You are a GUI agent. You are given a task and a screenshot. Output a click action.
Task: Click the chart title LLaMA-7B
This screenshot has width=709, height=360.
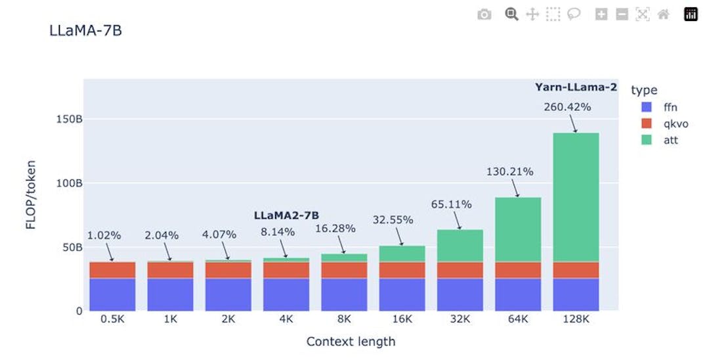(x=85, y=31)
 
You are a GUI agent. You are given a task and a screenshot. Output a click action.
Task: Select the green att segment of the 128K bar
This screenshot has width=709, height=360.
(x=576, y=197)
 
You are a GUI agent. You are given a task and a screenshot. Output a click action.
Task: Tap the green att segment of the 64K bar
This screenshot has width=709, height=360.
(x=518, y=229)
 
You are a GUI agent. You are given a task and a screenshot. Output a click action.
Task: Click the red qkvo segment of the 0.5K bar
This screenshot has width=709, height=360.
(x=112, y=270)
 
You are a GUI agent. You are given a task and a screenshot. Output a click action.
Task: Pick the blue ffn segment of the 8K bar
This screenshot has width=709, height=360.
(x=343, y=294)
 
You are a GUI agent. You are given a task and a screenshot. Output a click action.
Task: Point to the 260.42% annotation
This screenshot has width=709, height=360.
(x=567, y=107)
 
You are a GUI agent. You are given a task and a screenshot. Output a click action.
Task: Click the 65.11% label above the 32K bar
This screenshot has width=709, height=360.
(x=451, y=204)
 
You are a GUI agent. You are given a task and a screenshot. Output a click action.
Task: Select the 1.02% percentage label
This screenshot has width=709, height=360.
(x=104, y=236)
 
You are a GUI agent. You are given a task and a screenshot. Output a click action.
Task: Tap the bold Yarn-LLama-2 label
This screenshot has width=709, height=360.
(x=576, y=87)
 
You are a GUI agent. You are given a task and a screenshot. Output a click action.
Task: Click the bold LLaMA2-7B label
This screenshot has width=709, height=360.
(x=286, y=215)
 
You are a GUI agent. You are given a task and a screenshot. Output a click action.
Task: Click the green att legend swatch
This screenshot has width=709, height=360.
(x=647, y=140)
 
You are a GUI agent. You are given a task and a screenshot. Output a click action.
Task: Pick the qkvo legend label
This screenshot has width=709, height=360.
(x=676, y=124)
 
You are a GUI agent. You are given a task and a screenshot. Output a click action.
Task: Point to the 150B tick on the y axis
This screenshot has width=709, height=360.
(x=69, y=120)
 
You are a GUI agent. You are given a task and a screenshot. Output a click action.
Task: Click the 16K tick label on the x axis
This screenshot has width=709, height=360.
(x=402, y=319)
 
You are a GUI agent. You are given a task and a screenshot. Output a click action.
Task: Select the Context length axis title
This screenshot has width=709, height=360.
(x=351, y=342)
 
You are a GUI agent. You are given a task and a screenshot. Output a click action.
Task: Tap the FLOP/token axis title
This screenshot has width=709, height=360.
(x=31, y=195)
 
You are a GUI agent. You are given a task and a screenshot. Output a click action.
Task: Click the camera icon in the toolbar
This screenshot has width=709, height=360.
(x=484, y=14)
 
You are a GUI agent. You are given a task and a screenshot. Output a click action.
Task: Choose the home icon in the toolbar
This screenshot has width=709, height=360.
(x=663, y=14)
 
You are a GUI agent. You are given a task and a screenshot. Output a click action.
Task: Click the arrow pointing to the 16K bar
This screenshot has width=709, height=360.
(x=399, y=236)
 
